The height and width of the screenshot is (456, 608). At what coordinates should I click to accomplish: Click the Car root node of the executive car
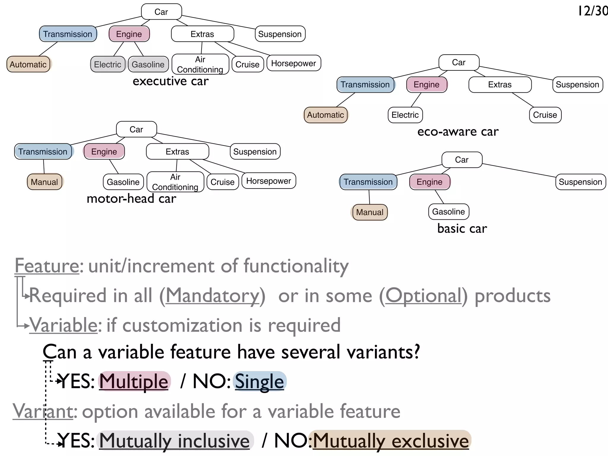(x=161, y=12)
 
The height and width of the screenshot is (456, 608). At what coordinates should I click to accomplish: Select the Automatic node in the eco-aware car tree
(x=325, y=115)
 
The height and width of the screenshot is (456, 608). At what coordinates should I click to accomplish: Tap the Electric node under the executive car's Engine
(x=107, y=64)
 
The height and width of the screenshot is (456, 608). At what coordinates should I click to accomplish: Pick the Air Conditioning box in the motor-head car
(x=175, y=182)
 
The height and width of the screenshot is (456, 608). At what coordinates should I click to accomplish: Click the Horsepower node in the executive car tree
(x=293, y=63)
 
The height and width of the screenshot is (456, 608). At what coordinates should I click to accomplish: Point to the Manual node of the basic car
(x=370, y=212)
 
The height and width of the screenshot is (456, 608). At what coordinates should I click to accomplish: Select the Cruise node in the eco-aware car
(x=545, y=115)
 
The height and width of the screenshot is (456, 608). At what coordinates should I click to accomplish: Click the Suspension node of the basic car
(x=580, y=182)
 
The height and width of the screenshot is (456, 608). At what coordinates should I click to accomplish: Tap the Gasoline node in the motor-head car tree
(x=123, y=182)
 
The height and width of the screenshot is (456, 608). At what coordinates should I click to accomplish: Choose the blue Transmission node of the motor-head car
(x=43, y=152)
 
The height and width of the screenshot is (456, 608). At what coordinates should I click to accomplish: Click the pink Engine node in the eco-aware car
(x=426, y=85)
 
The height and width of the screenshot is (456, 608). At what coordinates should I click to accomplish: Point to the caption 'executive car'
(x=170, y=81)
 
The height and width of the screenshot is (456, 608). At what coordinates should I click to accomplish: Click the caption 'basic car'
(x=462, y=229)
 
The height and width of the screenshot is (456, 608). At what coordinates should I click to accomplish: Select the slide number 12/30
(x=593, y=11)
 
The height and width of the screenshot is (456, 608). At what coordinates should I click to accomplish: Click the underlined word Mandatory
(x=212, y=296)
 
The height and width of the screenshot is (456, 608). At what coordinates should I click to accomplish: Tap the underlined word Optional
(x=423, y=296)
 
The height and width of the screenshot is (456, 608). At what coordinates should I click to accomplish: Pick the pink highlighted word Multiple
(x=134, y=381)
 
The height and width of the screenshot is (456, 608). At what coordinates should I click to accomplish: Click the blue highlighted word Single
(x=259, y=381)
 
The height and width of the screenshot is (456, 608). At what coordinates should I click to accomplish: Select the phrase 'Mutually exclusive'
(x=390, y=441)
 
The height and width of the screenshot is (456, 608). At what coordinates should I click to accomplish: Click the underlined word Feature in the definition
(x=47, y=266)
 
